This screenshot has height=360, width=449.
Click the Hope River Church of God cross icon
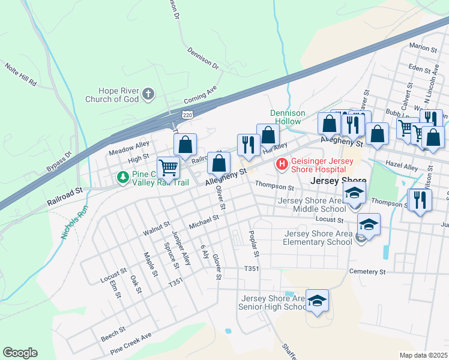pyautogui.click(x=148, y=94)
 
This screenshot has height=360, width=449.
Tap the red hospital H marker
pyautogui.click(x=280, y=163)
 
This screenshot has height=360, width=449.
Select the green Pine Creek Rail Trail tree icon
pyautogui.click(x=122, y=177)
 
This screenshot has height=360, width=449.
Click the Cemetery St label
pyautogui.click(x=368, y=272)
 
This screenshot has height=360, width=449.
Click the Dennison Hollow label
pyautogui.click(x=288, y=117)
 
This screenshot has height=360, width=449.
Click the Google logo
pyautogui.click(x=20, y=353)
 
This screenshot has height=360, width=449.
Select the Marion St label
pyautogui.click(x=423, y=47)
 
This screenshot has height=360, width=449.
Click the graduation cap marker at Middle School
pyautogui.click(x=355, y=193)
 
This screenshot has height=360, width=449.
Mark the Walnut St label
pyautogui.click(x=157, y=229)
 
